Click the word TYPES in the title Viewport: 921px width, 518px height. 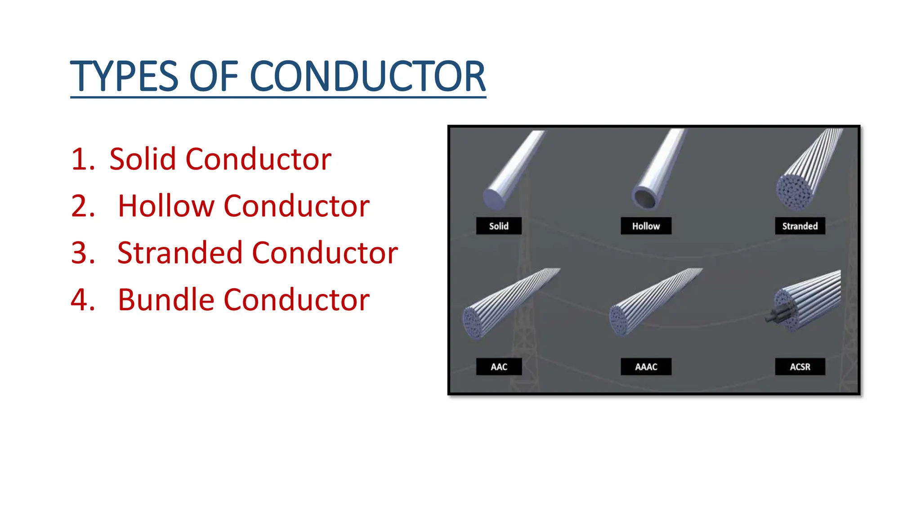124,76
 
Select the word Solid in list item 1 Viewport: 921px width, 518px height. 142,159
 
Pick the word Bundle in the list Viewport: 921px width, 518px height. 165,300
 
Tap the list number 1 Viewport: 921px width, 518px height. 82,159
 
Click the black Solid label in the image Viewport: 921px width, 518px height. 499,226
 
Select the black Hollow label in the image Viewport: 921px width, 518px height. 646,226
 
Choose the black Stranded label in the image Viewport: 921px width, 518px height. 800,226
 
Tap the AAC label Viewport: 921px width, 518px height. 499,366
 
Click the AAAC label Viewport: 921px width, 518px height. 646,366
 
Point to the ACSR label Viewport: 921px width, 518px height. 800,366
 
